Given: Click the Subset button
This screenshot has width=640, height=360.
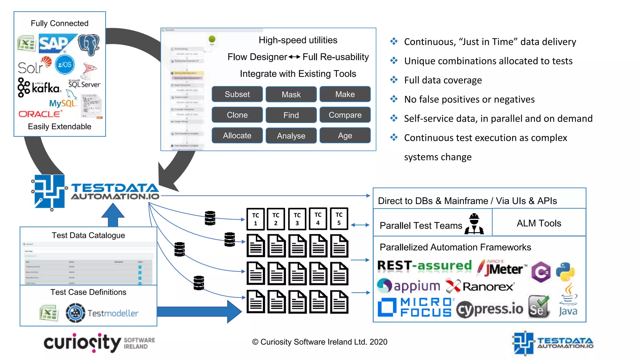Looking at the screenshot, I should [x=237, y=94].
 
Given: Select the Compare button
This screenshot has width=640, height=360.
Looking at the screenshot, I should [x=345, y=115].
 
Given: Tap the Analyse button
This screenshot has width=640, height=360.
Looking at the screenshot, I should [x=291, y=136].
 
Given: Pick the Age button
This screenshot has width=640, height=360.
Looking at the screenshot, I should [x=345, y=136].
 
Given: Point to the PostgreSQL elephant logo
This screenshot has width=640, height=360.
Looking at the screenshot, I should [x=88, y=45].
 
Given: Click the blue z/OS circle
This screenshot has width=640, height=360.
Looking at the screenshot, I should [x=65, y=65].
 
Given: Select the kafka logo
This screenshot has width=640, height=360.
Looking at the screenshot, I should [x=39, y=87].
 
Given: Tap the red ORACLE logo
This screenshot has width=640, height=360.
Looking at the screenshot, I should [x=40, y=114].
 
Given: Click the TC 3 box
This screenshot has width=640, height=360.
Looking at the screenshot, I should [x=297, y=219].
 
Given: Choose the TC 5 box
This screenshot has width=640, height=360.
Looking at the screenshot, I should [x=339, y=219].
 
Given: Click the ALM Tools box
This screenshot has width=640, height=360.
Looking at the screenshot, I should [x=538, y=223].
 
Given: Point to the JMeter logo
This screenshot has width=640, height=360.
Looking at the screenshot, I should [x=501, y=268].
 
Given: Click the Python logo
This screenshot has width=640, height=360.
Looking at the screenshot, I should [x=565, y=272].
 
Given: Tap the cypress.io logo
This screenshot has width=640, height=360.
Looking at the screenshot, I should [x=489, y=309].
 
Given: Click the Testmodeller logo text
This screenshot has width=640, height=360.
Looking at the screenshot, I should [x=113, y=313].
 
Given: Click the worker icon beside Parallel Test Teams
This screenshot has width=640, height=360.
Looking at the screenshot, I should [x=474, y=224].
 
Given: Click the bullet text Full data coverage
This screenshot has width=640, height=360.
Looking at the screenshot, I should [x=442, y=80].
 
